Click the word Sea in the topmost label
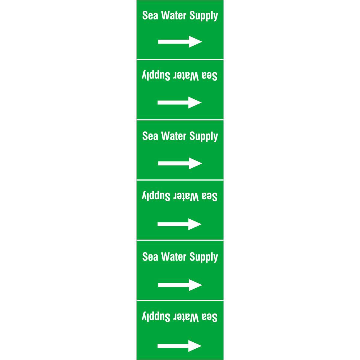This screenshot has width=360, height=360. pos(150,15)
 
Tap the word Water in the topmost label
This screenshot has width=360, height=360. pos(174,15)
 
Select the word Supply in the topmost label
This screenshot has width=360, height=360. pos(204,16)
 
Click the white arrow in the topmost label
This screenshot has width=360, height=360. pos(180,42)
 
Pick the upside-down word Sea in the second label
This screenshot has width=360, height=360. pos(210,76)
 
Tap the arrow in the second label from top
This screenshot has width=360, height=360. pos(179,102)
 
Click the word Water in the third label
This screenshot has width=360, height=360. pos(174,136)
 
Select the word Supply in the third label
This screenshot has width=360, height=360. pos(204,137)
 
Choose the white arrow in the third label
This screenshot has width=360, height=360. pos(180,163)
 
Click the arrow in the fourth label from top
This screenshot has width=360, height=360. pos(179,224)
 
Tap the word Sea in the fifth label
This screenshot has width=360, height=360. pos(150,257)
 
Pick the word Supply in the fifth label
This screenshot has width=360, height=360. pos(204,258)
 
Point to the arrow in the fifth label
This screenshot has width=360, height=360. pos(180,285)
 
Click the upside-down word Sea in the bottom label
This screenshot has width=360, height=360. pos(210,318)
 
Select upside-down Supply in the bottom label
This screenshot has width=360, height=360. pos(156,316)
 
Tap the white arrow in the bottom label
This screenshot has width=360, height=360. pos(179,346)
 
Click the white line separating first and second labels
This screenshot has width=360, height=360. pos(180,60)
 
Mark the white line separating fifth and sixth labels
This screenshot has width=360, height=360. pos(180,300)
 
